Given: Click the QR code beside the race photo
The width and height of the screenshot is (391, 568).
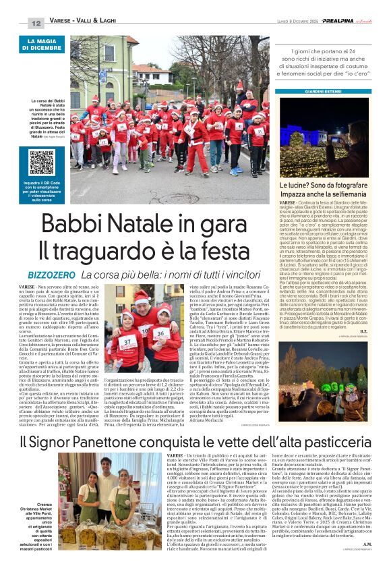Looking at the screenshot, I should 42,162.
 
